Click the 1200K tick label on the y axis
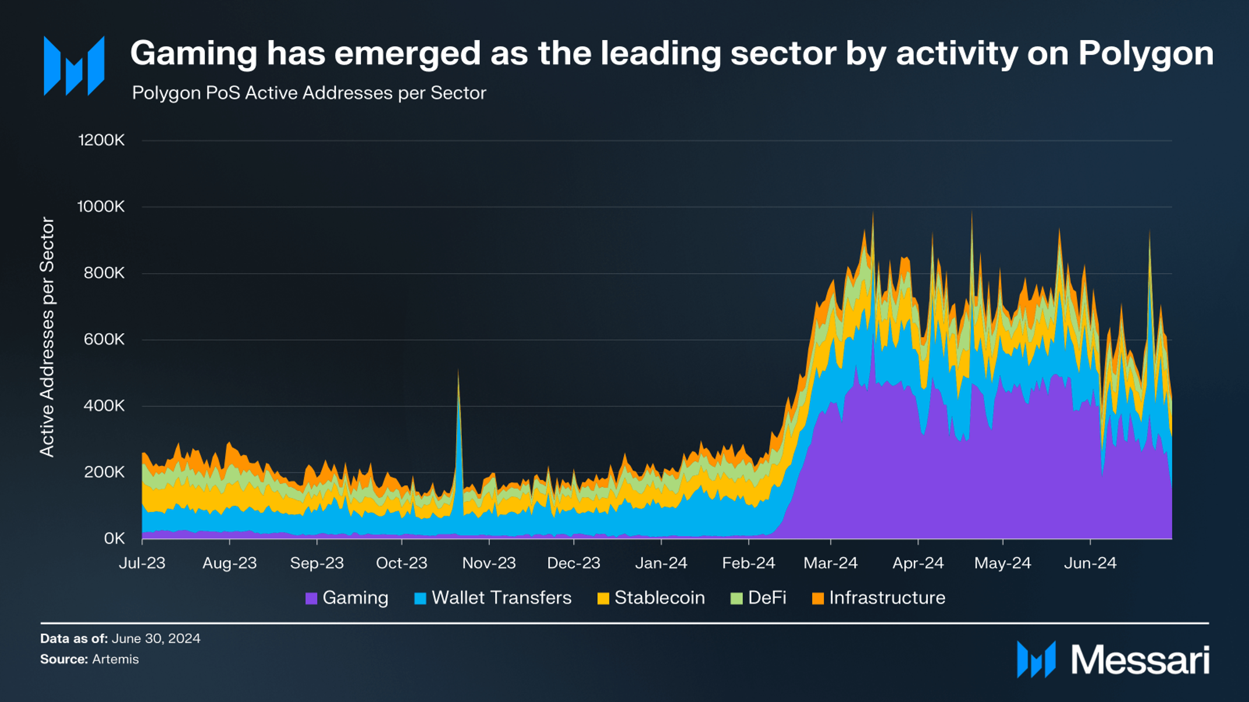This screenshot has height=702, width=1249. [101, 140]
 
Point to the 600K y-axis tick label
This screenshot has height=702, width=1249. [104, 340]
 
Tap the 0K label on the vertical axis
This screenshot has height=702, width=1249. [114, 539]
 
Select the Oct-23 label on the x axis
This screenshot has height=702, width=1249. [402, 563]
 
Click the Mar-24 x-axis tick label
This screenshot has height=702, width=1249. [830, 563]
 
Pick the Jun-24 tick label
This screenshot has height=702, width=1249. [1090, 563]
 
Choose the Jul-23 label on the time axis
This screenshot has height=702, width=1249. [142, 563]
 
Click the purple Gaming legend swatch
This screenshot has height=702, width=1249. [311, 598]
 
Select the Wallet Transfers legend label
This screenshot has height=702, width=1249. [501, 598]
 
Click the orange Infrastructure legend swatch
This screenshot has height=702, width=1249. [818, 598]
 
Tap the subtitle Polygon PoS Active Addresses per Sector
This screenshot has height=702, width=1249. [309, 93]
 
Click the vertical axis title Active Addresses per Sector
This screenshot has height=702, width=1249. [47, 337]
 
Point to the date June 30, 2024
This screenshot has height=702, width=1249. [156, 638]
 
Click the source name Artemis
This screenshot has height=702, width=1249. [115, 659]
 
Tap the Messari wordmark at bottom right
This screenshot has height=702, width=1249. [1140, 660]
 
